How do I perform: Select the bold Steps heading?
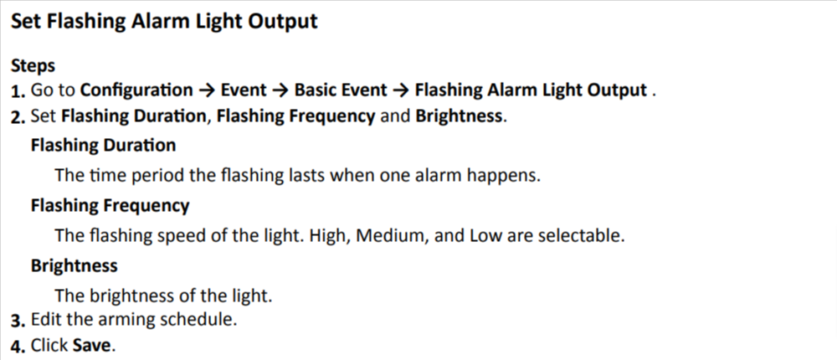pos(33,65)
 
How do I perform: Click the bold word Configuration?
pos(136,90)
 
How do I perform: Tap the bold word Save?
pos(91,345)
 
